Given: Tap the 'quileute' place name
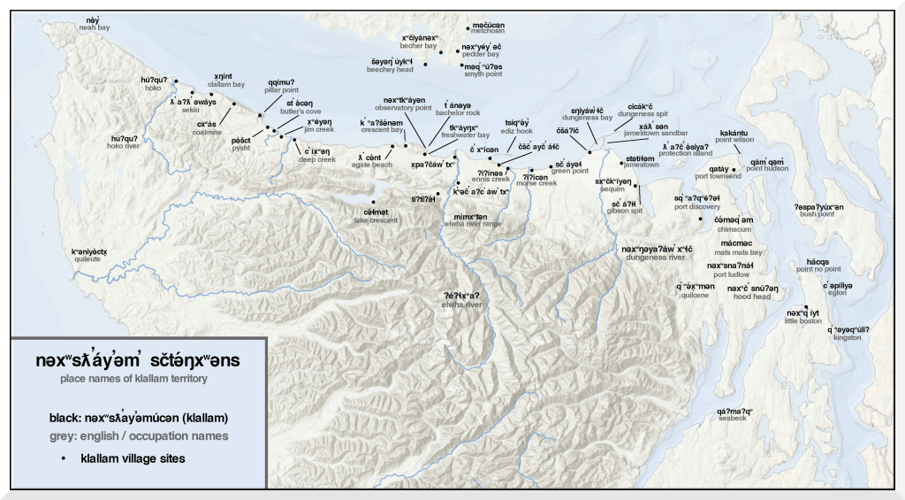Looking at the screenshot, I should [89, 260].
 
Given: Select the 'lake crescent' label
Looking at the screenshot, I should [376, 219].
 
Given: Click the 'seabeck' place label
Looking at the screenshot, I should [732, 419].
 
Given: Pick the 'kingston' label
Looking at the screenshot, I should [847, 337].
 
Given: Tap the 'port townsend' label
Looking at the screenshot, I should [719, 176].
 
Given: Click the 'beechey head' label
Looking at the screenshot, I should [392, 69].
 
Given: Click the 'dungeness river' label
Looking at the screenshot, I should [653, 258].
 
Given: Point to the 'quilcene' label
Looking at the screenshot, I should [695, 296].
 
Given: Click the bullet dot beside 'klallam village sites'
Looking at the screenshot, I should [64, 459].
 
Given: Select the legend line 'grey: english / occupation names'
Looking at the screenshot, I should [139, 436].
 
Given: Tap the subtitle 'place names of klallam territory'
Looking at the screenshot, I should [133, 379].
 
